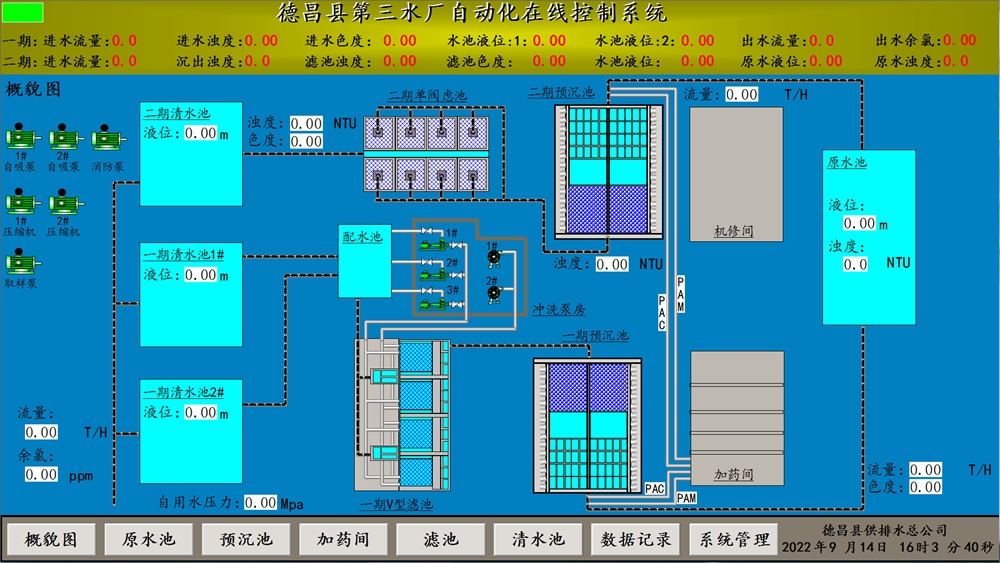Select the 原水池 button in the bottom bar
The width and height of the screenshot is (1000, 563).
click(148, 539)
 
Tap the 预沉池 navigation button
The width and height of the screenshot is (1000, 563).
click(245, 539)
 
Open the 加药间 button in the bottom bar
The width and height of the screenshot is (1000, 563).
click(343, 539)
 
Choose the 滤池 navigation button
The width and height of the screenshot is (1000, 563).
click(440, 539)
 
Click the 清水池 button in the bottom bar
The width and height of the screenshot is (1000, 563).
click(538, 539)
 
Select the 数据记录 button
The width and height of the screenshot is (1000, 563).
click(635, 539)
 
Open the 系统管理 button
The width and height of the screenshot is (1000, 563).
click(733, 539)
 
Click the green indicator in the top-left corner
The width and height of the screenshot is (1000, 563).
click(24, 13)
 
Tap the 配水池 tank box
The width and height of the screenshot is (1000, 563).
click(364, 261)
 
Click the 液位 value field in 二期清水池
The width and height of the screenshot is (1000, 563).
click(201, 133)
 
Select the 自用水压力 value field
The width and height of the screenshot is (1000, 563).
click(261, 502)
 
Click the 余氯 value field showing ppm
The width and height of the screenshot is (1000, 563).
click(42, 475)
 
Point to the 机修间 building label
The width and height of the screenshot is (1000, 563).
click(735, 230)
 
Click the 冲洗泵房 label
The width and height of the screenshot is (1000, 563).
click(559, 310)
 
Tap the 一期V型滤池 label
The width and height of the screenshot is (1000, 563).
click(397, 504)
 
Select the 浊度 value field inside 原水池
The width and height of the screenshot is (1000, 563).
click(856, 264)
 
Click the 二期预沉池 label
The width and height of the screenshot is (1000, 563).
click(561, 93)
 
